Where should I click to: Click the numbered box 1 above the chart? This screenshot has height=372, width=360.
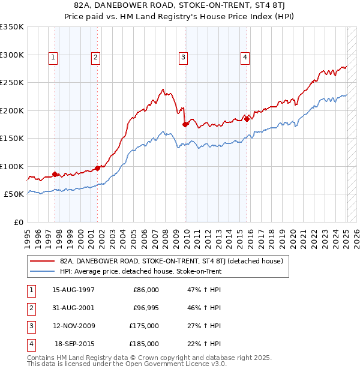tap(53, 58)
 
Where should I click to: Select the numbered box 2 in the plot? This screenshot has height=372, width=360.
tap(95, 58)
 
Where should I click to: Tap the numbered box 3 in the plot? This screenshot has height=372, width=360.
tap(183, 58)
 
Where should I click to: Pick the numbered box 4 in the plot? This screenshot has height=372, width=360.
tap(245, 58)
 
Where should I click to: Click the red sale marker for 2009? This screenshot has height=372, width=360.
tap(185, 124)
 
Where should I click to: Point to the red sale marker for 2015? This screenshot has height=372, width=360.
tap(247, 119)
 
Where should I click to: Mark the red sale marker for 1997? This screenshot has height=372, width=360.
tap(55, 174)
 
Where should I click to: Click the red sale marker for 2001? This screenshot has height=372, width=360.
tap(97, 168)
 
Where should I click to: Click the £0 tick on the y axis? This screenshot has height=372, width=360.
tap(19, 222)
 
